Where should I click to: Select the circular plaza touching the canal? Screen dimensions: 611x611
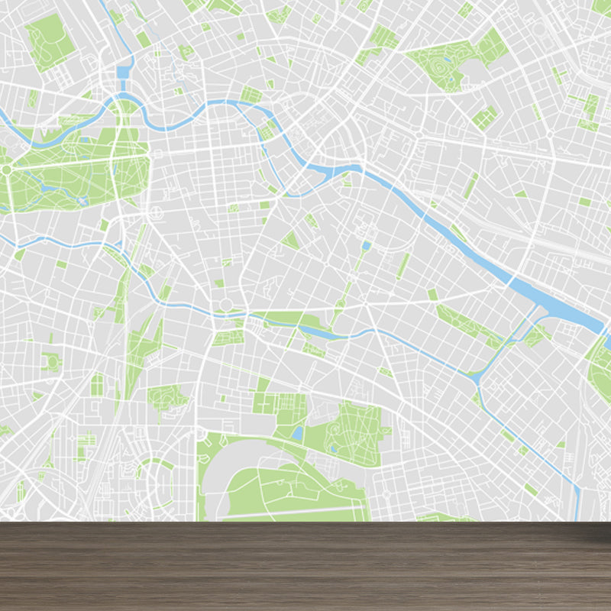pyautogui.click(x=226, y=306)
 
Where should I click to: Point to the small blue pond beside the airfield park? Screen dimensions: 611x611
pyautogui.click(x=296, y=433)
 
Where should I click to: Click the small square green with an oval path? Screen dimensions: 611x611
pyautogui.click(x=50, y=362)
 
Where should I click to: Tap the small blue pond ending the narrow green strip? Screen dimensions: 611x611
pyautogui.click(x=366, y=246)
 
